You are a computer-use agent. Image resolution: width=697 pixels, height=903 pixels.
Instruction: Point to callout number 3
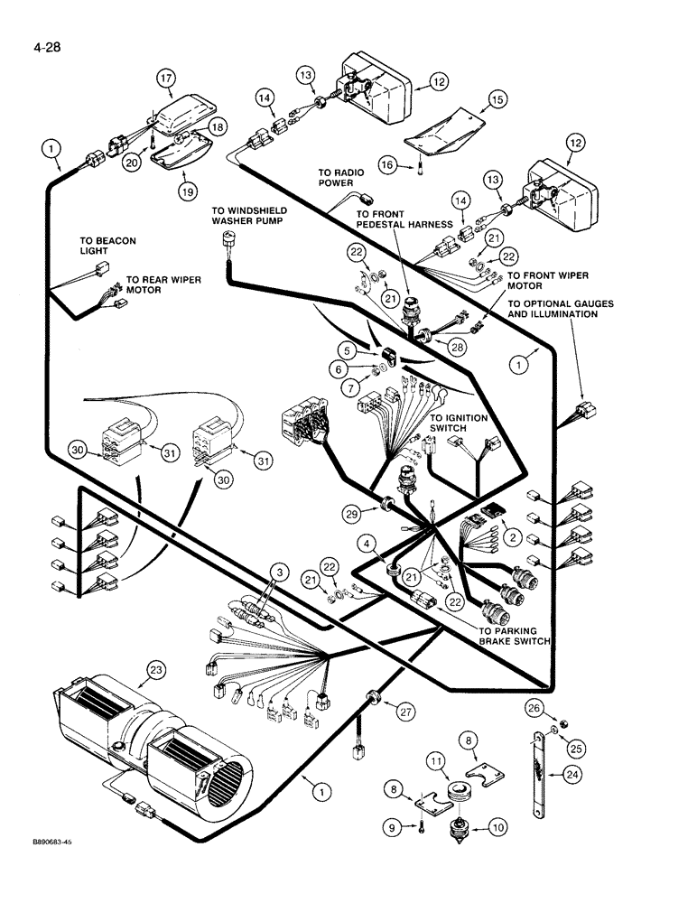(282, 573)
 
